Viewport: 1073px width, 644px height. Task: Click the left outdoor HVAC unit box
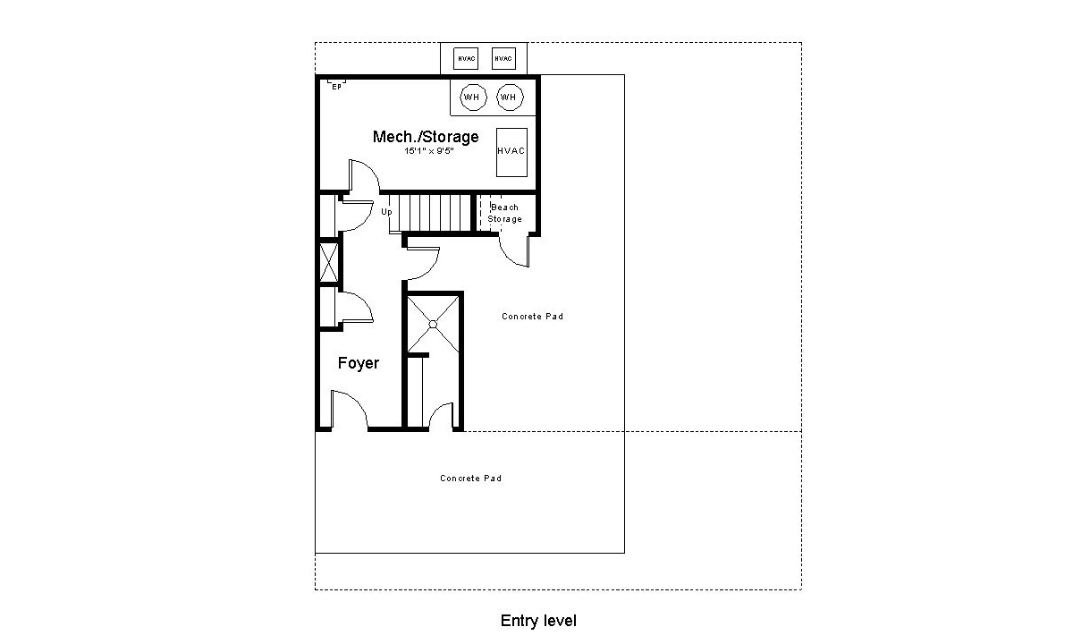pos(466,59)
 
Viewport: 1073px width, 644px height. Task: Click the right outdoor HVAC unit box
pos(504,59)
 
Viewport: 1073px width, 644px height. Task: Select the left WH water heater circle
pos(471,97)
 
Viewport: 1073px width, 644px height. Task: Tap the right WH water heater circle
pos(509,97)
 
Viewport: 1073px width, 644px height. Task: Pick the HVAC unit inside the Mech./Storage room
pos(511,152)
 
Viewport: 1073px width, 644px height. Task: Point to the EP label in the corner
pos(336,86)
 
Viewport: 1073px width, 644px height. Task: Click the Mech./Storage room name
pos(425,137)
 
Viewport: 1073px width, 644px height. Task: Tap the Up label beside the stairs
pos(386,212)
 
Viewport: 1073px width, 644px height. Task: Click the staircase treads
pos(435,213)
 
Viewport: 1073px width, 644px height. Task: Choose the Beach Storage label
pos(504,213)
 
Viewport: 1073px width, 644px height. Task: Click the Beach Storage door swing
pos(515,250)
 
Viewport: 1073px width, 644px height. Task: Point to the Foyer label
pos(358,363)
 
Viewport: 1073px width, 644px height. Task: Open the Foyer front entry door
pos(348,410)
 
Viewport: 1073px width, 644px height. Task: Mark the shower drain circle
pos(434,323)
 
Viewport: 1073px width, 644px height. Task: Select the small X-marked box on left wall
pos(329,263)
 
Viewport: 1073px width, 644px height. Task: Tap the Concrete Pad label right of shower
pos(532,317)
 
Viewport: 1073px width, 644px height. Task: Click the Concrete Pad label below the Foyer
pos(470,479)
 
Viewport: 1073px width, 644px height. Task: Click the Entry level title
pos(538,621)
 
